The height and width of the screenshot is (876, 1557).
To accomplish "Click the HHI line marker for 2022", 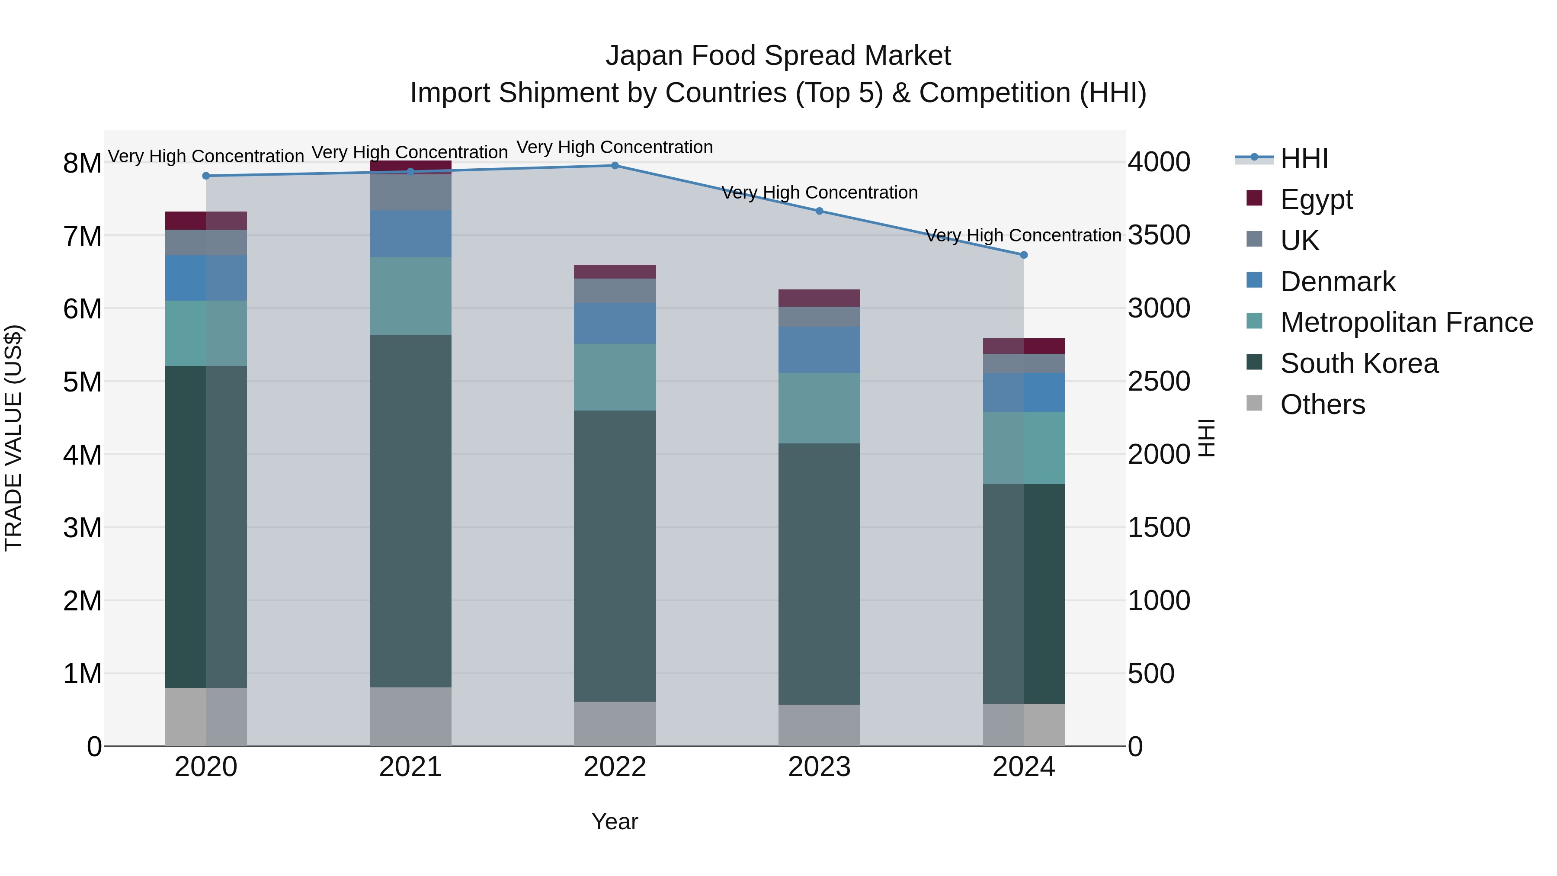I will point(615,165).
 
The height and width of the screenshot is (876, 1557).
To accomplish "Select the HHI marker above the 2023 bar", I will point(819,211).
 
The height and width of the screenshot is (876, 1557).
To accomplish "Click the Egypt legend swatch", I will point(1254,198).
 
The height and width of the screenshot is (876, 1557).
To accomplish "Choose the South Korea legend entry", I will point(1359,363).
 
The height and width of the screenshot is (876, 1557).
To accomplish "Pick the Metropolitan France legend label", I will point(1406,322).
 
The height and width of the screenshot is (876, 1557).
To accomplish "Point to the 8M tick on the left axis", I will point(82,163).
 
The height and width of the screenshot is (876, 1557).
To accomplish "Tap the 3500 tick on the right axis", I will point(1159,235).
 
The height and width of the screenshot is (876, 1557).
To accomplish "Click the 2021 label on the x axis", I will point(410,767).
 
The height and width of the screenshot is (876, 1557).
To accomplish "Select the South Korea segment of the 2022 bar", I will point(615,556).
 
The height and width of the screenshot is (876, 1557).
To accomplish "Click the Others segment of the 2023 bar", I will point(819,725).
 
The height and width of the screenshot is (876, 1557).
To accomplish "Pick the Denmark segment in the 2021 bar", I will point(410,234).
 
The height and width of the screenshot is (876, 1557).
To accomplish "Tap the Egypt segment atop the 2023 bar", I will point(819,298).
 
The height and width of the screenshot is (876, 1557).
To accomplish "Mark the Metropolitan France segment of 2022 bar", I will point(615,377).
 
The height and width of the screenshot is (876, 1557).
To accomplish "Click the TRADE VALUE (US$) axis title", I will point(13,438).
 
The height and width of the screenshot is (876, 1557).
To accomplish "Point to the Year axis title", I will point(615,821).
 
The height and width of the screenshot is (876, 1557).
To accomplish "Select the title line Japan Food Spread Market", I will point(778,56).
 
